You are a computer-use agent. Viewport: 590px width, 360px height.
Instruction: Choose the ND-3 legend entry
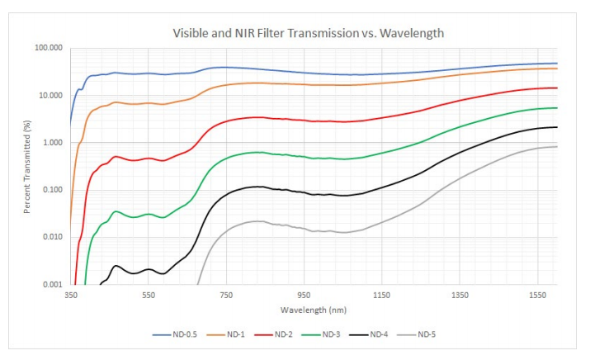point(336,334)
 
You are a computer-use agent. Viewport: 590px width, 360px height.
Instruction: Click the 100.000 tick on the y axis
point(50,48)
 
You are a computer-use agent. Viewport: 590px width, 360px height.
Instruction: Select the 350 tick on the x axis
point(71,295)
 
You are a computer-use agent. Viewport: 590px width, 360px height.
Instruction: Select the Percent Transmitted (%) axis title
point(27,166)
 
